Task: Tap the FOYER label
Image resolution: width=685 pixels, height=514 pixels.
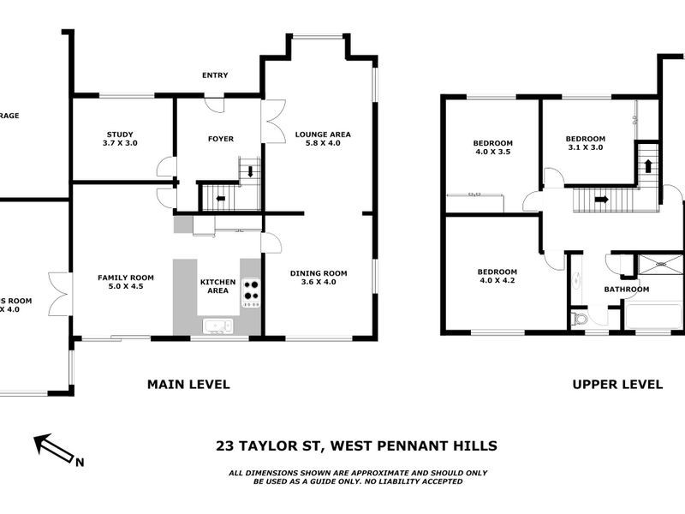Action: tap(221, 139)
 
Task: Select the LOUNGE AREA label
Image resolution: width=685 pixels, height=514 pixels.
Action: tap(323, 134)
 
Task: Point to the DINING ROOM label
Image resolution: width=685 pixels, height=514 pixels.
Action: tap(319, 273)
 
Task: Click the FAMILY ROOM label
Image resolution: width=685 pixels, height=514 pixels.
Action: tap(125, 278)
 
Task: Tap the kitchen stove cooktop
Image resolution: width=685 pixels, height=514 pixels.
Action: tap(251, 292)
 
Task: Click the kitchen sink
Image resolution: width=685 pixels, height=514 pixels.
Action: tap(217, 325)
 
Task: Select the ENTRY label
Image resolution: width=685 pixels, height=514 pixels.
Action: tap(215, 75)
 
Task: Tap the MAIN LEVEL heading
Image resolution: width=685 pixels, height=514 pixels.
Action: tap(188, 385)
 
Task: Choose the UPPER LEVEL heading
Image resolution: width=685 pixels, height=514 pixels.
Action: tap(617, 385)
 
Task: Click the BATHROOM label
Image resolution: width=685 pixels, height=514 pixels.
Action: tap(627, 290)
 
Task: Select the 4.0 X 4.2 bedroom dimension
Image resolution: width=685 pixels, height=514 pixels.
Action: tap(498, 280)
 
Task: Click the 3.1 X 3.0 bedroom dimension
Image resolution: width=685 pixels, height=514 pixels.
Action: tap(585, 147)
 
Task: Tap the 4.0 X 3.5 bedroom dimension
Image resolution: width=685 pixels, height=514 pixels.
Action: tap(492, 151)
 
